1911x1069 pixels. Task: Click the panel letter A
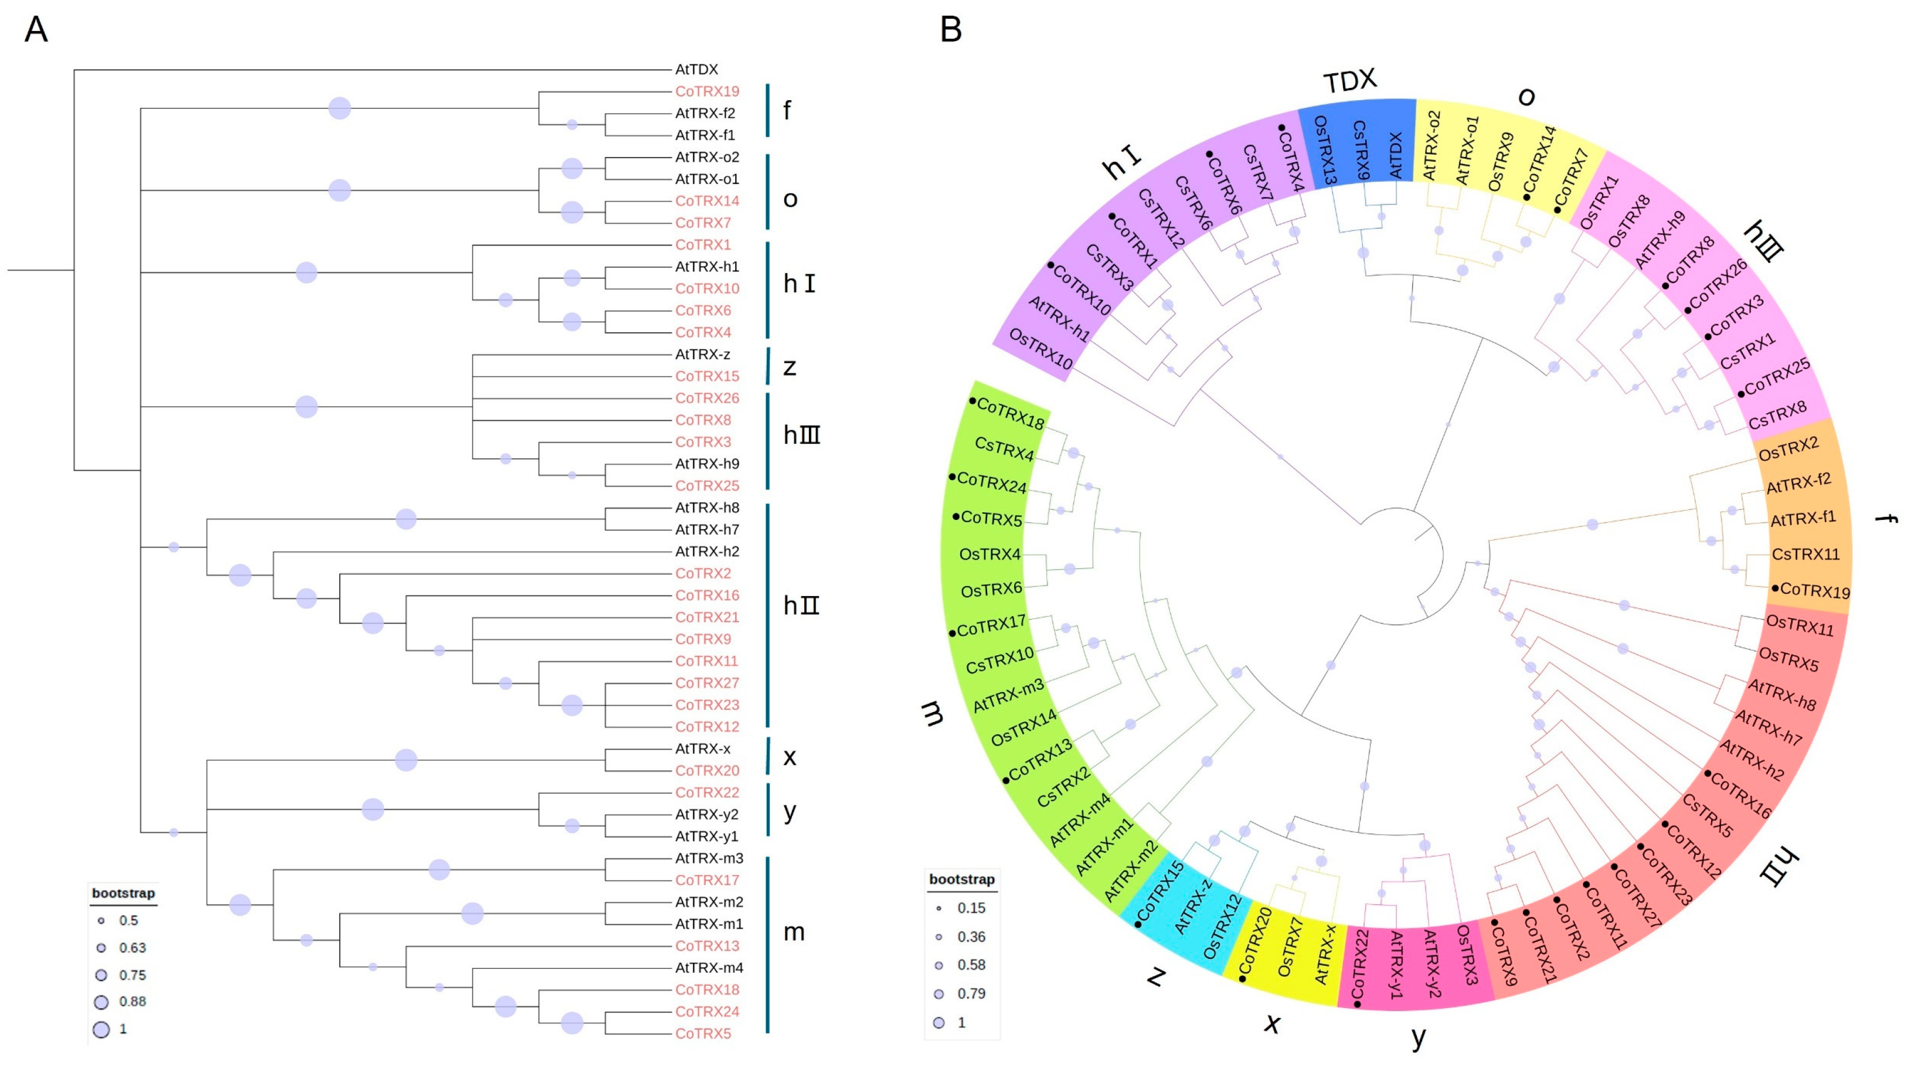click(36, 30)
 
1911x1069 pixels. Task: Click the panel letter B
click(950, 30)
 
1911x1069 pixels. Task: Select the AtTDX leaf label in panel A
click(696, 70)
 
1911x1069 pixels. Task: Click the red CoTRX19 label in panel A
click(706, 91)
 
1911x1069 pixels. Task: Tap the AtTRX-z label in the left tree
click(702, 355)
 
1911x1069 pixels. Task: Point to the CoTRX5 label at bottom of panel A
click(702, 1033)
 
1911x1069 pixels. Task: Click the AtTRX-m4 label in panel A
click(709, 968)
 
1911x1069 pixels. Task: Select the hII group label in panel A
click(801, 605)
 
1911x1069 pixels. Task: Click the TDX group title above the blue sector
click(1350, 81)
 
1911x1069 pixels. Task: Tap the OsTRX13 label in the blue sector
click(1325, 151)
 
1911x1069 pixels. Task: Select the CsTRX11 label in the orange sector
click(1805, 554)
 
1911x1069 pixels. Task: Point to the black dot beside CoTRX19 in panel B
click(1775, 588)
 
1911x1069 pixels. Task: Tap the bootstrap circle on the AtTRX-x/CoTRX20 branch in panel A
click(406, 760)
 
